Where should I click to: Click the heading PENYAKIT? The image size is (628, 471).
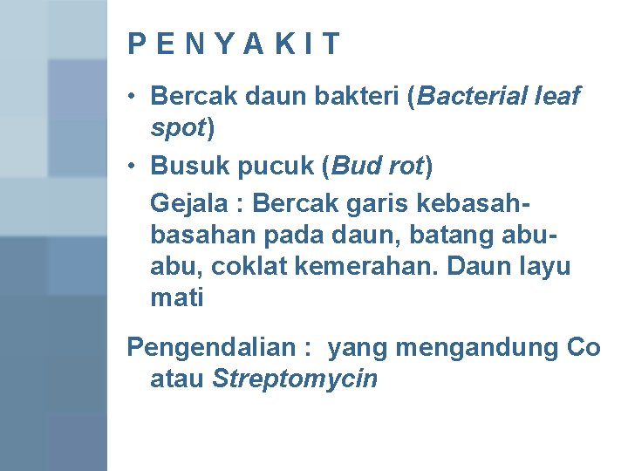[x=234, y=44]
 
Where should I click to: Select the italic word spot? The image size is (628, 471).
[x=177, y=128]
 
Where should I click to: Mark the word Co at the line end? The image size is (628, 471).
[x=583, y=348]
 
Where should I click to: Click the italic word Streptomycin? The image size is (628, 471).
[x=295, y=380]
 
